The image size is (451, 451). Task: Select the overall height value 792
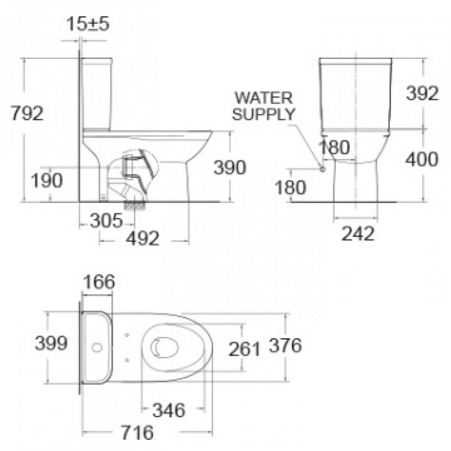pyautogui.click(x=27, y=113)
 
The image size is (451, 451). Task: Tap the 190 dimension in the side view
pyautogui.click(x=46, y=180)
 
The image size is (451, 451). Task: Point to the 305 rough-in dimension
pyautogui.click(x=106, y=221)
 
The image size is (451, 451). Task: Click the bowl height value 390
pyautogui.click(x=230, y=167)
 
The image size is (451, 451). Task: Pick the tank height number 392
pyautogui.click(x=422, y=93)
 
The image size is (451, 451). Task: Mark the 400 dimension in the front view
pyautogui.click(x=421, y=159)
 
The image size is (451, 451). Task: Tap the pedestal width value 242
pyautogui.click(x=358, y=233)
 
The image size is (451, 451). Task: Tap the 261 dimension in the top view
pyautogui.click(x=244, y=349)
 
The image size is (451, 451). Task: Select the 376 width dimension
pyautogui.click(x=285, y=345)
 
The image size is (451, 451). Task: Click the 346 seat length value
pyautogui.click(x=169, y=410)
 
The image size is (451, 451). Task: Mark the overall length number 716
pyautogui.click(x=138, y=433)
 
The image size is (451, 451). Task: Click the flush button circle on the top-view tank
pyautogui.click(x=97, y=348)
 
